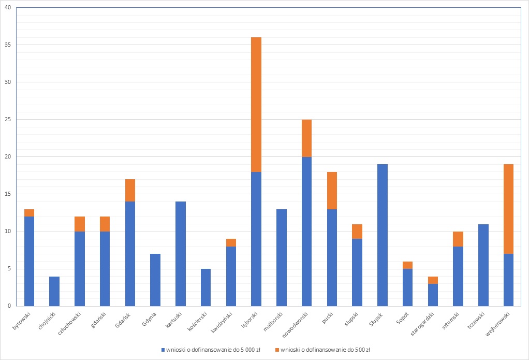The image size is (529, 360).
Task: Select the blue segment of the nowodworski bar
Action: [x=306, y=231]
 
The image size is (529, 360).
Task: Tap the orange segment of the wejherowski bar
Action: [x=508, y=209]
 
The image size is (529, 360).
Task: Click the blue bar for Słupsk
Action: [x=383, y=235]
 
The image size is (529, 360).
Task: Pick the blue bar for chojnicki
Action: [x=54, y=291]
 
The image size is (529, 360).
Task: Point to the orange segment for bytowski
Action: [x=29, y=213]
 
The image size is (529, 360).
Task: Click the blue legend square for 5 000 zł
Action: [x=164, y=350]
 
